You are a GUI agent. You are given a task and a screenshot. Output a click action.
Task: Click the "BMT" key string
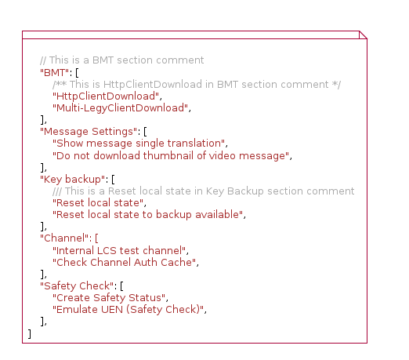coord(54,72)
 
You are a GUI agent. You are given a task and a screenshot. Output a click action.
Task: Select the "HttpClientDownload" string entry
coord(106,96)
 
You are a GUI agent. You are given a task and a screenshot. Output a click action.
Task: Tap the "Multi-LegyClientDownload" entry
coord(120,108)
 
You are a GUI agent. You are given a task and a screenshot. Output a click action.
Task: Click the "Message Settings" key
coord(89,131)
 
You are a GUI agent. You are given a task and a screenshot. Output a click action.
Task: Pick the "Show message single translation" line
coord(139,144)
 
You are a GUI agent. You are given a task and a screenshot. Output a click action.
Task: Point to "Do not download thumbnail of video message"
coord(171,155)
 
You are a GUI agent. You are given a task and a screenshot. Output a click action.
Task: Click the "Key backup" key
coord(72,180)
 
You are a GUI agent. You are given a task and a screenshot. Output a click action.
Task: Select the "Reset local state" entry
coord(98,203)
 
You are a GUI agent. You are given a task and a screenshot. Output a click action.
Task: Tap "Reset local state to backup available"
coord(147,215)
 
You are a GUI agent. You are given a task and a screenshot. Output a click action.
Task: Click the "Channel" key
coord(64,238)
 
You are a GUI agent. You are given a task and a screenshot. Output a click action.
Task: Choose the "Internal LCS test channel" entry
coord(119,250)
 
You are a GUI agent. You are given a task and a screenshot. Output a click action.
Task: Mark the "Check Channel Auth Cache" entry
coord(124,262)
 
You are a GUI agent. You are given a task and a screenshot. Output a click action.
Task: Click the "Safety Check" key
coord(77,285)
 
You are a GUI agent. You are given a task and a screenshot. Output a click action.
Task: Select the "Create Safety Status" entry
coord(109,298)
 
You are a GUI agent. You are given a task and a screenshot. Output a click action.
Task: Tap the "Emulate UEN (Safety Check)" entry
coord(128,310)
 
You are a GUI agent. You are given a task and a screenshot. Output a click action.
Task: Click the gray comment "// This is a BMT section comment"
coord(121,60)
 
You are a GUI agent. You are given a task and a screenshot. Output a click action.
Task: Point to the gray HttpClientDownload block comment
coord(197,85)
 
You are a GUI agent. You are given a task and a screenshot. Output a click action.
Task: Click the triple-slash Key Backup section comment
coord(203,191)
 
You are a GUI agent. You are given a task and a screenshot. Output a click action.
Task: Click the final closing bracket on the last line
coord(30,334)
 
